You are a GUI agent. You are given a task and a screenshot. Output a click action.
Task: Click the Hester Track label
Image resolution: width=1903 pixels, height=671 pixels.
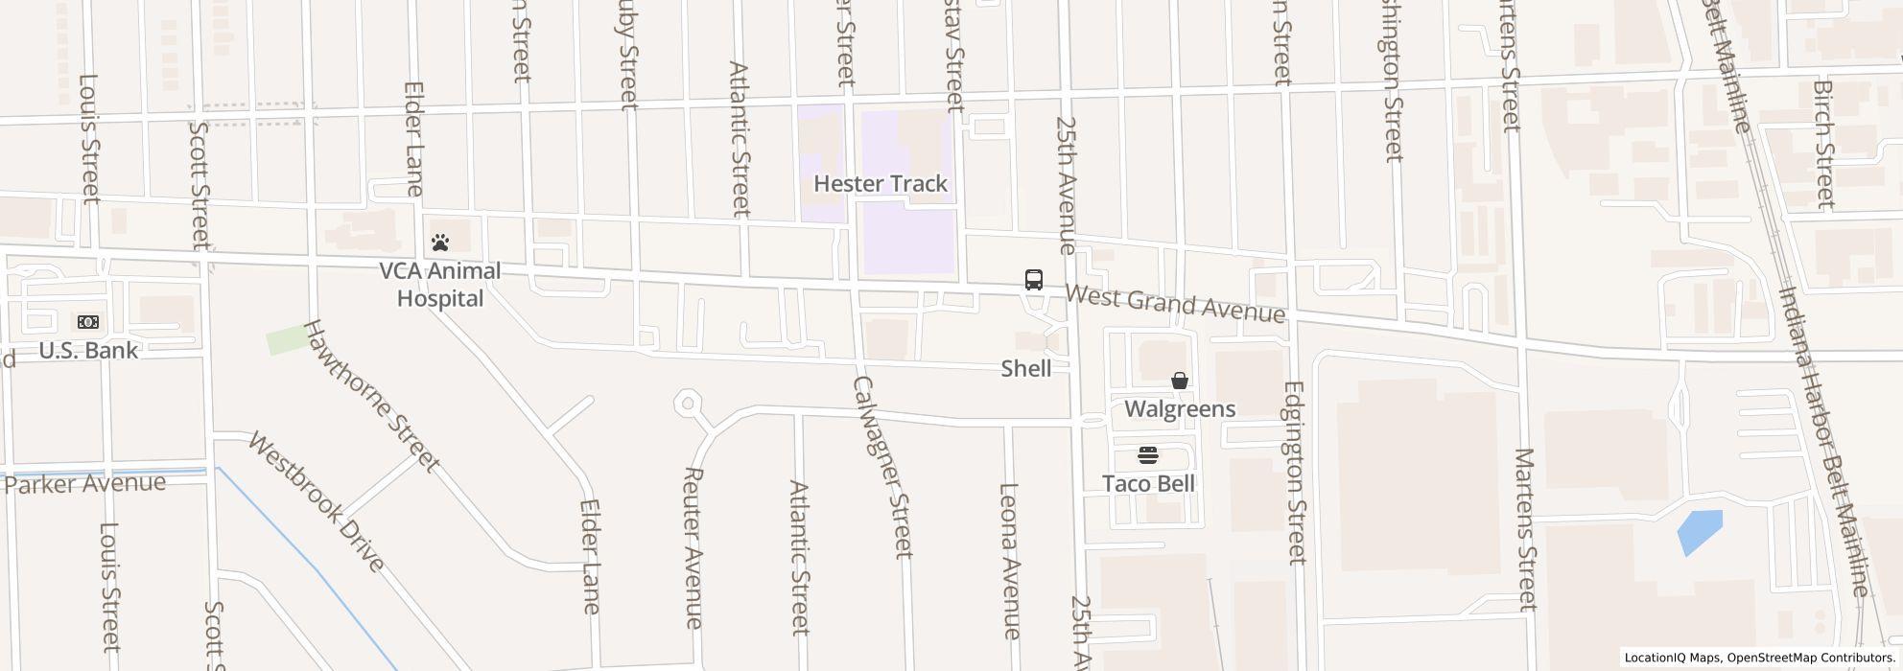pyautogui.click(x=880, y=184)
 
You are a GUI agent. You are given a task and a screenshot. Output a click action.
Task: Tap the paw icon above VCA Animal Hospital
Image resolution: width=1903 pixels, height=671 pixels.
pyautogui.click(x=440, y=243)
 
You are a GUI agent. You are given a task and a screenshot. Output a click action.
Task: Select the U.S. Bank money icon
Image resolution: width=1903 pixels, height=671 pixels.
pyautogui.click(x=87, y=322)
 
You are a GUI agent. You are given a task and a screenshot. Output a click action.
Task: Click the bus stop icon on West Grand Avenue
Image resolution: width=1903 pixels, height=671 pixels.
pyautogui.click(x=1033, y=280)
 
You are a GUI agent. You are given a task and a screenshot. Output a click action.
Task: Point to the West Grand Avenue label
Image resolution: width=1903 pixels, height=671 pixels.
pyautogui.click(x=1174, y=304)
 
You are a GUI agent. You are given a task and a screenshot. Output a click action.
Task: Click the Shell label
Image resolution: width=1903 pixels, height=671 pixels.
pyautogui.click(x=1025, y=369)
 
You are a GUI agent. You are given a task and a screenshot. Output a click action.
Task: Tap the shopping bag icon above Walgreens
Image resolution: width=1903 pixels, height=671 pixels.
pyautogui.click(x=1179, y=381)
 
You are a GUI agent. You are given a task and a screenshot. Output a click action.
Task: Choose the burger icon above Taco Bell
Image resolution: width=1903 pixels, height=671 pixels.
pyautogui.click(x=1148, y=454)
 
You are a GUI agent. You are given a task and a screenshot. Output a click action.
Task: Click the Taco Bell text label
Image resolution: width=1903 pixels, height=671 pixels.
pyautogui.click(x=1148, y=484)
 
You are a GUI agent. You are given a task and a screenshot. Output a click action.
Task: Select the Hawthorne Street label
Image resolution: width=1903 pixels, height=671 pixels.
pyautogui.click(x=370, y=395)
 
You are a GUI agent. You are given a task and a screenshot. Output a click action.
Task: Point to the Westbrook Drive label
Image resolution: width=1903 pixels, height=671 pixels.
pyautogui.click(x=316, y=500)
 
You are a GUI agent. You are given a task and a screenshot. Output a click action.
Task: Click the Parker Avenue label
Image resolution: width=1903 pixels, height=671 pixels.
pyautogui.click(x=84, y=483)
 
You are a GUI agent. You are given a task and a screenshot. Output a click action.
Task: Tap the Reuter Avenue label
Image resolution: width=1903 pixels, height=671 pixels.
pyautogui.click(x=693, y=547)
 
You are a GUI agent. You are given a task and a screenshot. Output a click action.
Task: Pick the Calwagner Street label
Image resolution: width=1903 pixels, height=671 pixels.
pyautogui.click(x=881, y=466)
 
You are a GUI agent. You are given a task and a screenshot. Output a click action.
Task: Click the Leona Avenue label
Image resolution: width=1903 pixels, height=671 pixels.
pyautogui.click(x=1009, y=560)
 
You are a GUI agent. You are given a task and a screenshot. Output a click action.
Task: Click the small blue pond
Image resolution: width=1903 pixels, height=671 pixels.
pyautogui.click(x=1700, y=532)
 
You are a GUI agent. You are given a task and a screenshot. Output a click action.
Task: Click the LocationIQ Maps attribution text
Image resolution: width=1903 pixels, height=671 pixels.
pyautogui.click(x=1757, y=658)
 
